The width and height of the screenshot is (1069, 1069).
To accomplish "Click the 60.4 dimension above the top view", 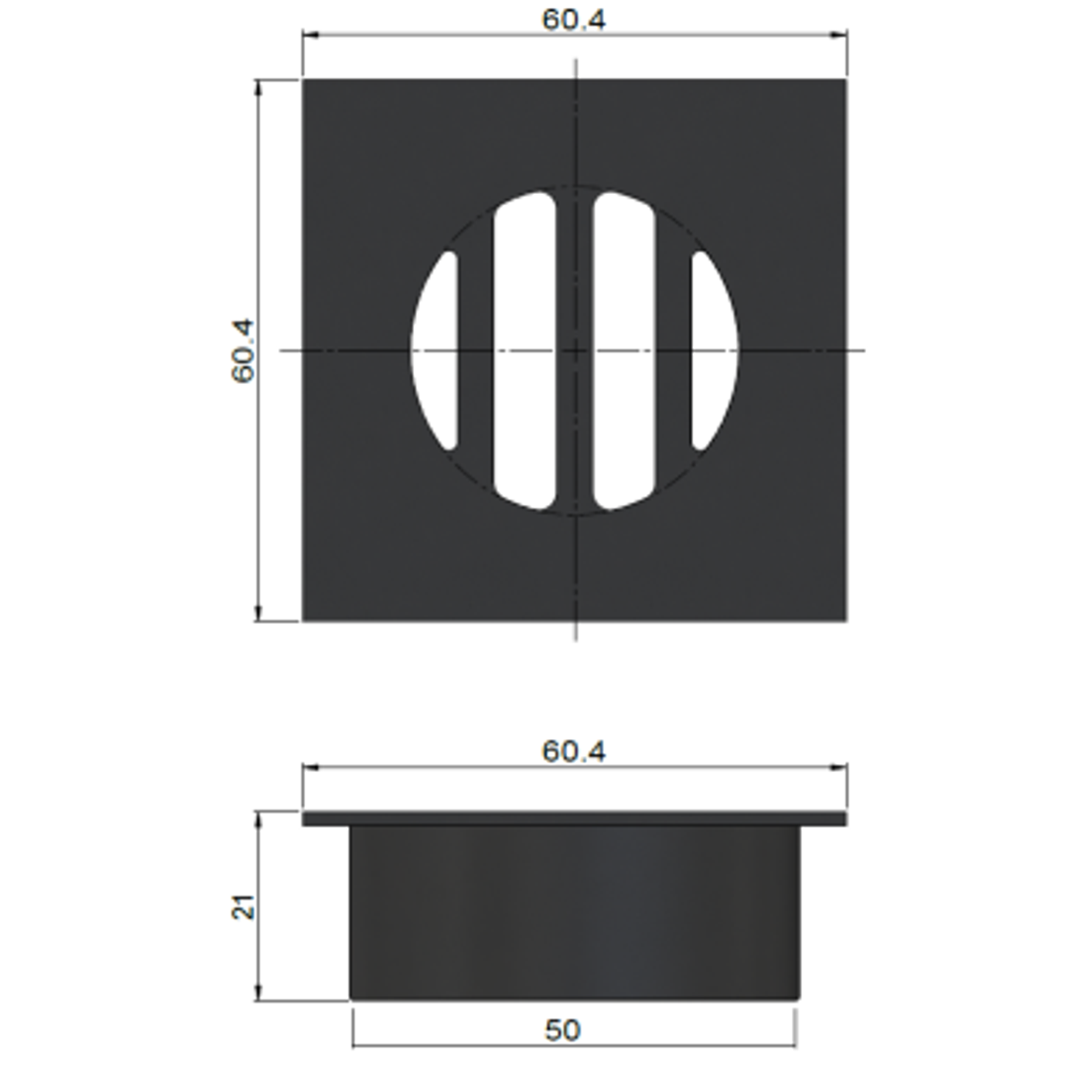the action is [x=573, y=20].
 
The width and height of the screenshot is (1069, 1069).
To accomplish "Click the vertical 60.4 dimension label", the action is [x=243, y=351].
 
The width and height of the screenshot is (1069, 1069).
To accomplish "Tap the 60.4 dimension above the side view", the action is [x=573, y=751].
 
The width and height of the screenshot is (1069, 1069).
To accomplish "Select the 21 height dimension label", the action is [x=243, y=908].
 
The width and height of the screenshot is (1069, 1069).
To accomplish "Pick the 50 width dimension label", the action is [x=563, y=1029].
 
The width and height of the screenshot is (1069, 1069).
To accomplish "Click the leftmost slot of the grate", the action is [x=435, y=350].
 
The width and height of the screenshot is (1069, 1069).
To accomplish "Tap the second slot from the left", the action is [x=525, y=350].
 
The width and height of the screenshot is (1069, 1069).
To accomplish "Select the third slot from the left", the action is [x=625, y=350].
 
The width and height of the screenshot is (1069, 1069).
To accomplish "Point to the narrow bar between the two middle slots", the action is [x=574, y=350].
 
